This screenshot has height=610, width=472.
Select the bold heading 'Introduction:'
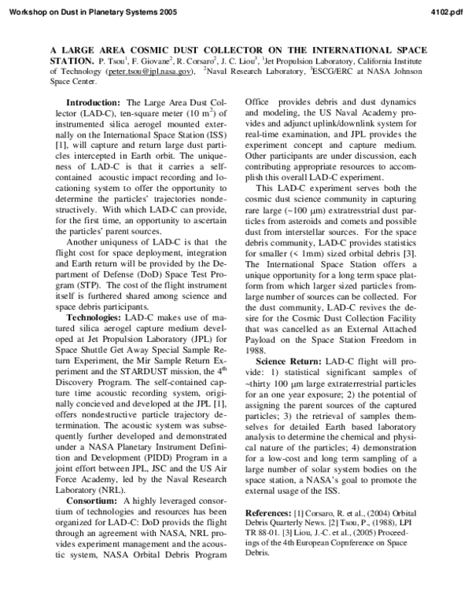(x=94, y=103)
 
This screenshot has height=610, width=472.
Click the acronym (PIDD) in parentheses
(x=151, y=436)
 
